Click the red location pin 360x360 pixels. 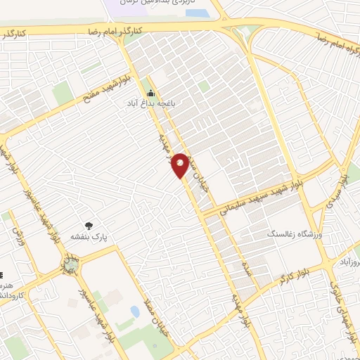point(181,164)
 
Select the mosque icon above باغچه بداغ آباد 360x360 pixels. point(150,93)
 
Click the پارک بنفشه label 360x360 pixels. point(88,237)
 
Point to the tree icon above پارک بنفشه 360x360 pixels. point(89,225)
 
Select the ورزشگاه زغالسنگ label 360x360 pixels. point(291,233)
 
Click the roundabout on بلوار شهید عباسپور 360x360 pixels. point(70,264)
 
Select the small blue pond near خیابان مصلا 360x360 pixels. point(134,311)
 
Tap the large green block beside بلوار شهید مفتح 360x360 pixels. point(63,92)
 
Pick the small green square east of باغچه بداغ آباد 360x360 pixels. point(204,86)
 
